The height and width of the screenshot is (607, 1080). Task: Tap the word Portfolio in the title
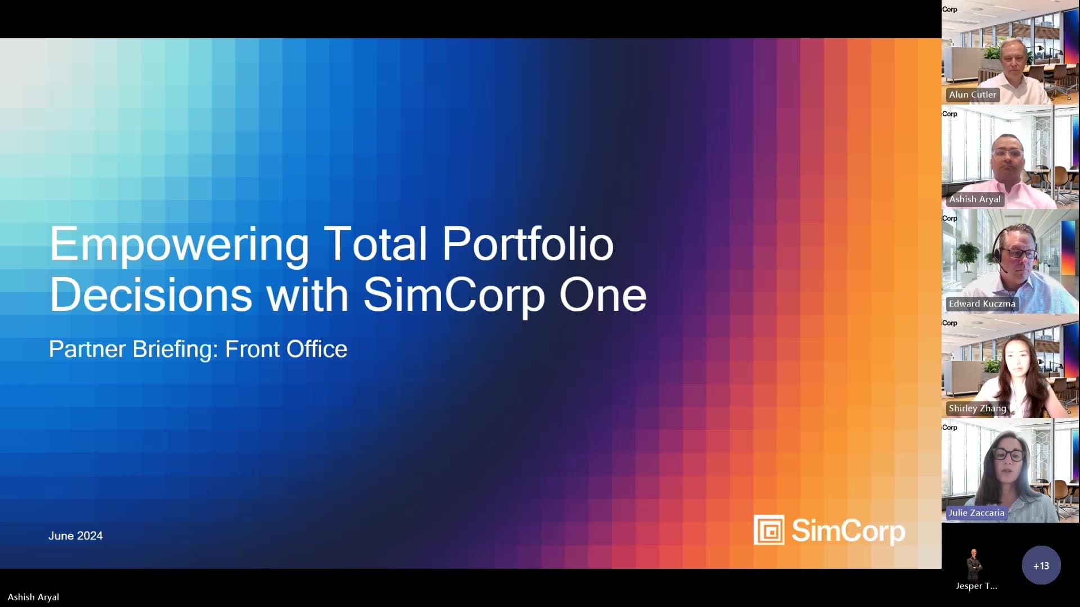tap(528, 243)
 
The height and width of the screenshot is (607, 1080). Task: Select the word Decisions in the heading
tap(151, 295)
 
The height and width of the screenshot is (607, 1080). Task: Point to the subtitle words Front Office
tap(286, 349)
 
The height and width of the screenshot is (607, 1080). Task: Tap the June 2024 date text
tap(75, 536)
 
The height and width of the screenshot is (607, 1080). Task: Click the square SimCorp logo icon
tap(769, 530)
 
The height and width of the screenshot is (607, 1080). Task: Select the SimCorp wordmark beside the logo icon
tap(848, 531)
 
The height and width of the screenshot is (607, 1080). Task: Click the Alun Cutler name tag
tap(973, 94)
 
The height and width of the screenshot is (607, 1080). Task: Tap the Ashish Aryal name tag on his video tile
tap(975, 199)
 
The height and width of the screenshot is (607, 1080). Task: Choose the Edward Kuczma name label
tap(982, 303)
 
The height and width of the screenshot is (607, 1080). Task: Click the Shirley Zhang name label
tap(977, 408)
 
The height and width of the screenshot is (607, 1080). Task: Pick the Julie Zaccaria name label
tap(976, 513)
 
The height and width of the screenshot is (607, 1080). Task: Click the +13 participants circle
tap(1041, 565)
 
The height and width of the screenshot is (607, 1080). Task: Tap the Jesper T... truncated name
tap(976, 586)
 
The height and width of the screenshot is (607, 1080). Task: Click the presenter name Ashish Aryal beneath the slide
tap(33, 597)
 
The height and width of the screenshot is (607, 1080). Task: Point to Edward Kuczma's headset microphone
tap(1000, 263)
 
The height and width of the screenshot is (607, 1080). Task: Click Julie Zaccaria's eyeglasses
tap(1010, 454)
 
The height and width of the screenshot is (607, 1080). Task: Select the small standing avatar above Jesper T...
tap(974, 564)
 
